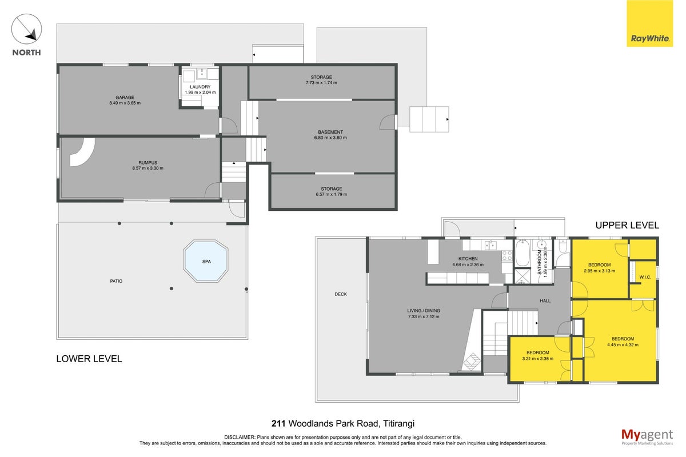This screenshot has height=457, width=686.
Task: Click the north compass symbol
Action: coord(26,29)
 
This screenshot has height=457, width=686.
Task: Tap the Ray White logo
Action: coord(649,23)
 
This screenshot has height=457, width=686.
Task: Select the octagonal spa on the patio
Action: coord(206,261)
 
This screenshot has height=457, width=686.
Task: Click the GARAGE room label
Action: coord(125,97)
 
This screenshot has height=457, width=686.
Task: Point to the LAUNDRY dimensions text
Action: coord(200,93)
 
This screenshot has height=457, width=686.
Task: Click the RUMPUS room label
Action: coord(147,163)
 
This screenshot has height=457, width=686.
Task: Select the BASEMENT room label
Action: coord(330,132)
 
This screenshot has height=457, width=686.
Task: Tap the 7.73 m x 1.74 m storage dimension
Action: coord(321,83)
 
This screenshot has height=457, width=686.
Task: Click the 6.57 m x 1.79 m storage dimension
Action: coord(332,194)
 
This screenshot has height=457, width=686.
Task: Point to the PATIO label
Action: coord(116,281)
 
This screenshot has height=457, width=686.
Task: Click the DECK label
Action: coord(341,294)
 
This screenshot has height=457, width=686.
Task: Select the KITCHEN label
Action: coord(468,259)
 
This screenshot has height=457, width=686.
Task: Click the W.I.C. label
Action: coord(645,277)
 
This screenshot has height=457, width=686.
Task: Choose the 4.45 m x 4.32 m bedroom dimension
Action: coord(623,344)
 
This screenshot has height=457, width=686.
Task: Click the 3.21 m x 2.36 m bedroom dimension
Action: coord(537,358)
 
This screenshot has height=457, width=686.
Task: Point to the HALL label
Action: coord(545,301)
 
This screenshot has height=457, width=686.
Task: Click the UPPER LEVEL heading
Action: coord(627,225)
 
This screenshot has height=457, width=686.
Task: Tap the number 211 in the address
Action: coord(278,424)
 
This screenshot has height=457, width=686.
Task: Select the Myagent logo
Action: coord(647,437)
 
